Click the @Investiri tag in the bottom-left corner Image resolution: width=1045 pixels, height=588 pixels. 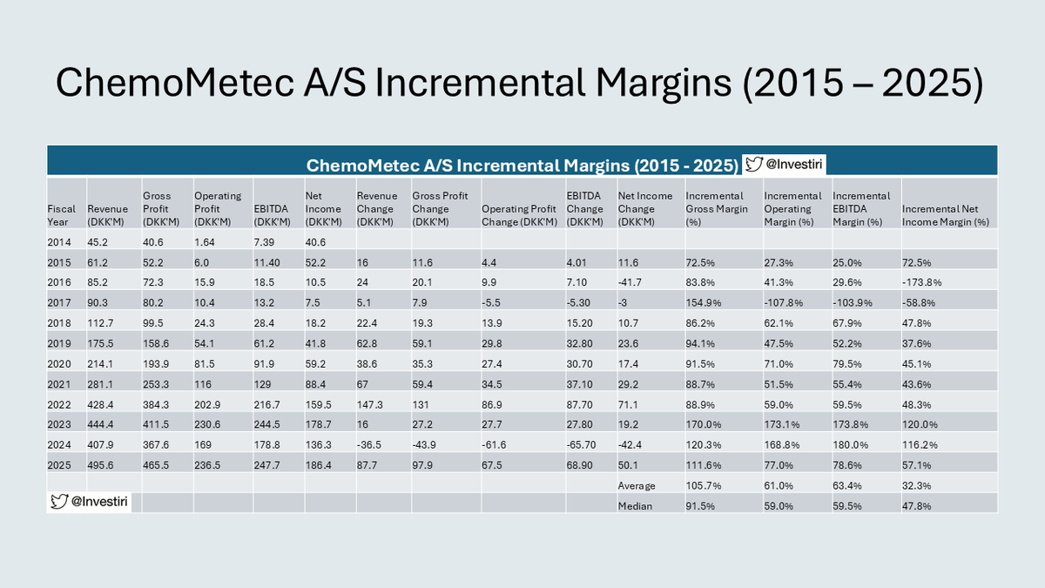pyautogui.click(x=90, y=502)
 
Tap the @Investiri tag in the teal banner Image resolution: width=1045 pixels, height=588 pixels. pyautogui.click(x=782, y=164)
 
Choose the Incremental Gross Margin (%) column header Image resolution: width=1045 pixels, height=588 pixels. pyautogui.click(x=715, y=208)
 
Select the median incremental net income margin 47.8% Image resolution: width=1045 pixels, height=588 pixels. pyautogui.click(x=920, y=504)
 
